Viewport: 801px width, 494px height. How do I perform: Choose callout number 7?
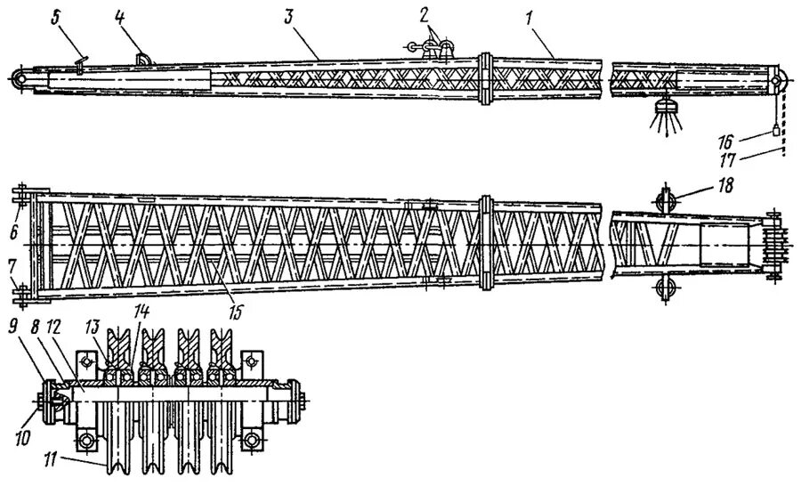(12, 266)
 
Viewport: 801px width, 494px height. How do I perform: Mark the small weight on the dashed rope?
(775, 130)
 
